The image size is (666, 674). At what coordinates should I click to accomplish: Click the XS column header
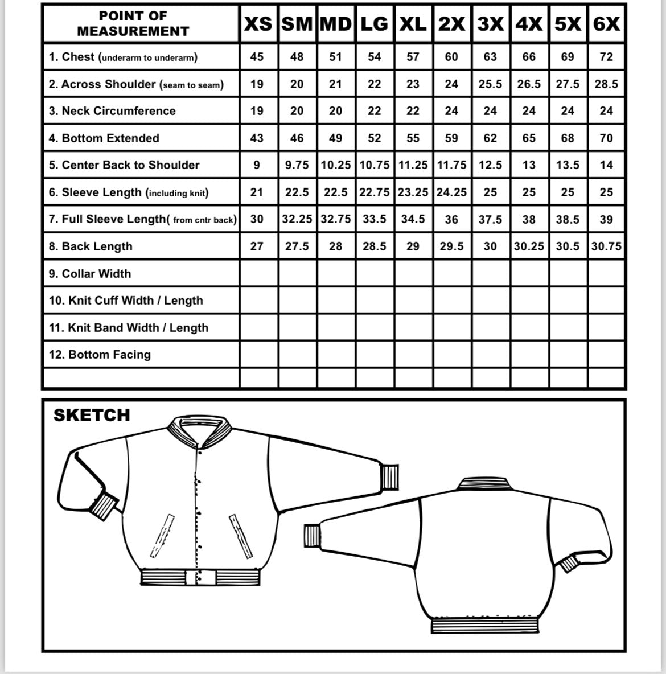point(257,24)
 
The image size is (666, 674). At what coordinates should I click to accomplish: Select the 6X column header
point(606,24)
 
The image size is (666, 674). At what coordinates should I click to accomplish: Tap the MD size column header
point(336,24)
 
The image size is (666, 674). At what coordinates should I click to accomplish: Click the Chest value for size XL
point(413,57)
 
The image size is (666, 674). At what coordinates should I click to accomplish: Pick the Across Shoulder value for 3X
point(490,84)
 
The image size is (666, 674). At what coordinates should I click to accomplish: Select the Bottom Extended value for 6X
point(606,138)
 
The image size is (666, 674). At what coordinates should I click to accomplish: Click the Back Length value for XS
point(257,246)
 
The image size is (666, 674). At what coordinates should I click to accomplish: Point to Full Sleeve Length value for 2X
point(451,219)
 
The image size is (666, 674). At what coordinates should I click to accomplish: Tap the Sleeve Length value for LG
point(374,192)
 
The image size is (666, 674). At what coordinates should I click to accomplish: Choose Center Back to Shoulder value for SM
point(297,165)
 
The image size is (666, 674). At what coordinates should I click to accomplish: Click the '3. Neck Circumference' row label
point(112,111)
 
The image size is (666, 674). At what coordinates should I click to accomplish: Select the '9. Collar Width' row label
point(90,274)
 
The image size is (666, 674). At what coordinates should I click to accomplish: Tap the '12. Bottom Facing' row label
point(100,355)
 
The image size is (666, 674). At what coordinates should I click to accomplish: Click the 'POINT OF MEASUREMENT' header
point(133,24)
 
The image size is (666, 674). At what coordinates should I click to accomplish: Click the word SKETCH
point(92,416)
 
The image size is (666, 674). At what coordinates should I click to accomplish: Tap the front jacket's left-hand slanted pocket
point(162,536)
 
